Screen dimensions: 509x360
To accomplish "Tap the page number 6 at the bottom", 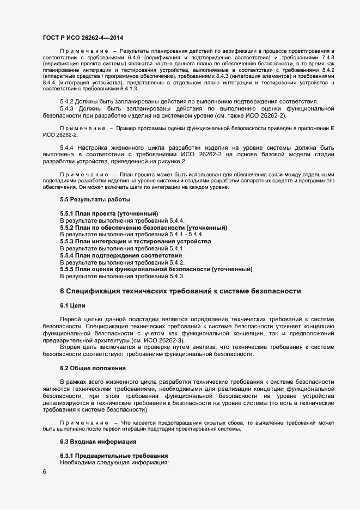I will [44, 472].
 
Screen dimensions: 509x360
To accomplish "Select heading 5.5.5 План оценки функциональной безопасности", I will [156, 269].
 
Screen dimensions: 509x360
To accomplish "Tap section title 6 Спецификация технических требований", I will [180, 291].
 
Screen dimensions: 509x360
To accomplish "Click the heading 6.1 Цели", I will [72, 305].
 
